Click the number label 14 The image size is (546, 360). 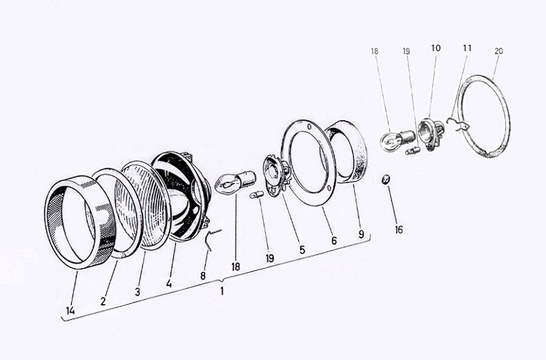pyautogui.click(x=70, y=310)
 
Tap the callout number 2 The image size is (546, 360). pyautogui.click(x=103, y=301)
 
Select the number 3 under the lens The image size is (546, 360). pyautogui.click(x=137, y=292)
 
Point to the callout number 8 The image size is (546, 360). pyautogui.click(x=203, y=276)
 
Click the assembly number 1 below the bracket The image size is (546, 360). pyautogui.click(x=222, y=291)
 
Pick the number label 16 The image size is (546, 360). pyautogui.click(x=399, y=229)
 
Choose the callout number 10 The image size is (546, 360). pyautogui.click(x=435, y=48)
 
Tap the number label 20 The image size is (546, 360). pyautogui.click(x=499, y=51)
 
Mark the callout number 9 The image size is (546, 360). pyautogui.click(x=361, y=234)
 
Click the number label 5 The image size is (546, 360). pyautogui.click(x=302, y=249)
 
